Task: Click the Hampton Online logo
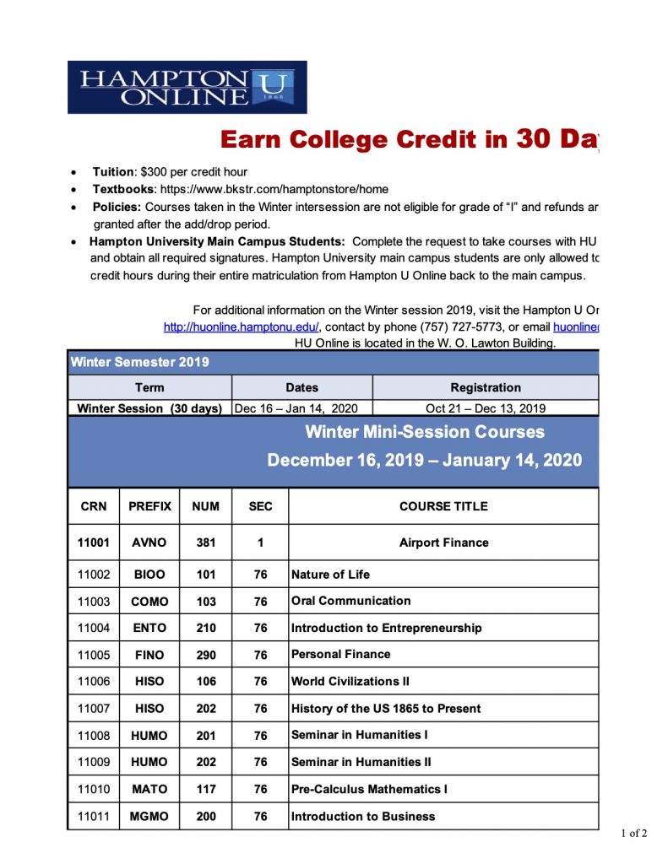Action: click(x=187, y=87)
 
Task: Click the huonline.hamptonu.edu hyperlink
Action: click(x=242, y=327)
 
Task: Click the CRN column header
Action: click(x=94, y=506)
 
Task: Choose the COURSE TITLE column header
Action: click(x=443, y=506)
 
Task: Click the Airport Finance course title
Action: click(x=443, y=543)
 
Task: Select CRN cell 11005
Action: click(x=94, y=655)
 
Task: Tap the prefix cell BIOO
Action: click(x=149, y=575)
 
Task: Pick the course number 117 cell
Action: click(x=206, y=790)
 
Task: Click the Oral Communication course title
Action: click(x=351, y=601)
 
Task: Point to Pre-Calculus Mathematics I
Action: click(x=369, y=790)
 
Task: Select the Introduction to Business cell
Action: click(x=363, y=817)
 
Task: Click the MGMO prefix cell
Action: click(x=149, y=817)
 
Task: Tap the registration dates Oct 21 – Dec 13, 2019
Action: click(x=486, y=408)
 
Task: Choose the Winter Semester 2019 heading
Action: click(x=139, y=363)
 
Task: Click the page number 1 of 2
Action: click(x=633, y=834)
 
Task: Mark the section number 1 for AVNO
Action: click(x=261, y=543)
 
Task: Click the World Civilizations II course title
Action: click(x=350, y=681)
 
